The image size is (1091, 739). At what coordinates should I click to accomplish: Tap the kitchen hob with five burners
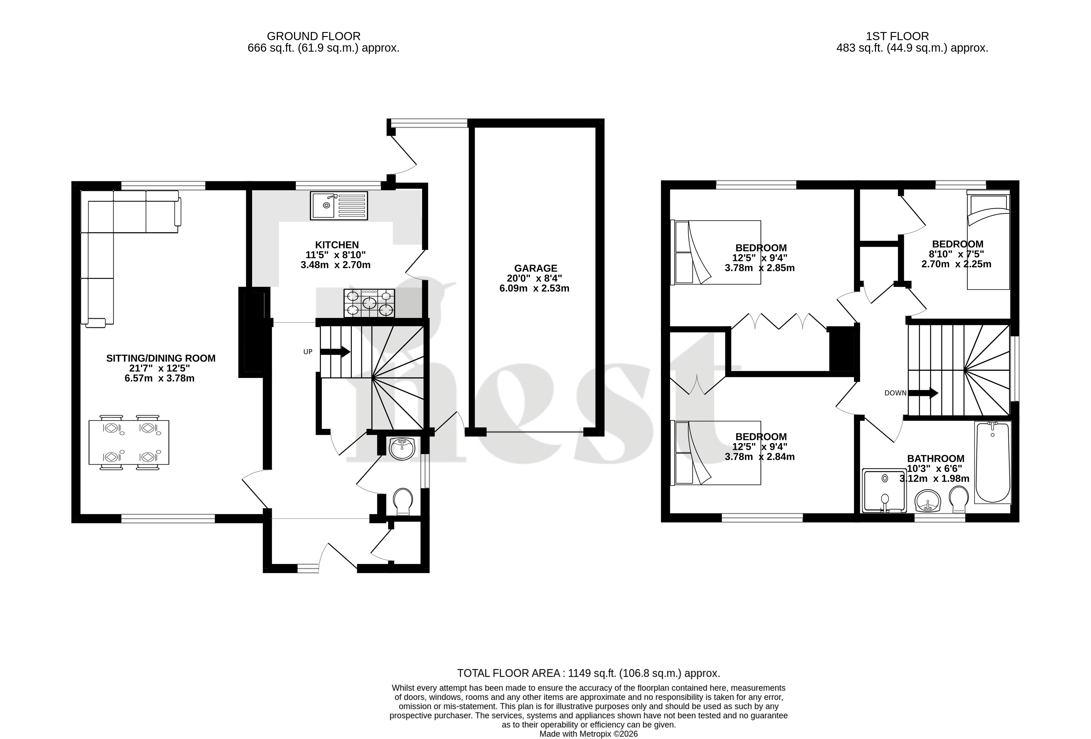[370, 303]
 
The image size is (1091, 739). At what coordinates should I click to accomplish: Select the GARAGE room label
[536, 268]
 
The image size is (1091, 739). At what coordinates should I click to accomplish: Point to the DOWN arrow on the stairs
[923, 393]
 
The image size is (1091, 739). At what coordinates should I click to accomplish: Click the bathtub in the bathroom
[992, 462]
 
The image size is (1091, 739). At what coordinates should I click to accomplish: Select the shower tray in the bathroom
[884, 490]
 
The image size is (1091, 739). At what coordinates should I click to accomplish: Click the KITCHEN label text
[337, 245]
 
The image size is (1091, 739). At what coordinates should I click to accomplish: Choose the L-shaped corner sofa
[113, 235]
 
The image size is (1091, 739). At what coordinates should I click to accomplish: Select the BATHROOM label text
[936, 459]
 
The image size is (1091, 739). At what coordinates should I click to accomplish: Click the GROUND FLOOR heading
[314, 36]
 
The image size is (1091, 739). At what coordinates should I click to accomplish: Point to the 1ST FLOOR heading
[897, 36]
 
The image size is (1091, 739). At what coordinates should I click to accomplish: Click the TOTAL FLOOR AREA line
[589, 673]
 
